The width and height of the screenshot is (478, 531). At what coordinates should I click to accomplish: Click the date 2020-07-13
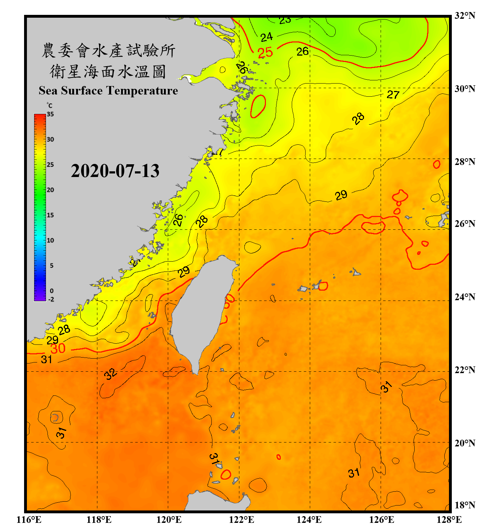coord(115,171)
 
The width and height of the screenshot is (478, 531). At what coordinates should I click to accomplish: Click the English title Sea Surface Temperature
coord(108,91)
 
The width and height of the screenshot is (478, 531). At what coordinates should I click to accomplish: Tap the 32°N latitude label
coord(465,16)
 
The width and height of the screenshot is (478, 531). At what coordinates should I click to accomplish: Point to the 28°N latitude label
coord(465,162)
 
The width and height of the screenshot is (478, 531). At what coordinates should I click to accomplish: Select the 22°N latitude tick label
coord(465,370)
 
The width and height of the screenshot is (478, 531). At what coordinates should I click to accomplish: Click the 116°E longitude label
coord(29,520)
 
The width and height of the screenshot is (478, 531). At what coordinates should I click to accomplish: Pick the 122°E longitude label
coord(241,520)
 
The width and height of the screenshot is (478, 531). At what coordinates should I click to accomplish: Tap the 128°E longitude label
coord(449,520)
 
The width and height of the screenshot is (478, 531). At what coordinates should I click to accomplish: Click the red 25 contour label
coord(265,53)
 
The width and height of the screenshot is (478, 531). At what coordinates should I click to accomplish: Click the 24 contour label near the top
coord(267,37)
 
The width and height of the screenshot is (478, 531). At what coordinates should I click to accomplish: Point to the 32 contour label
coord(110,373)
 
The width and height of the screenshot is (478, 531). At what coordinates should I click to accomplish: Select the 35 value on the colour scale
coord(50,114)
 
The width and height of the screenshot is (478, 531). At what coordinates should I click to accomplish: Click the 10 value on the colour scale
coord(50,240)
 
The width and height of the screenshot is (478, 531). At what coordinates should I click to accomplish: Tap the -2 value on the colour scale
coord(51,299)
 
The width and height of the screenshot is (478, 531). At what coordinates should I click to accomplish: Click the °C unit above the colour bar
coord(50,105)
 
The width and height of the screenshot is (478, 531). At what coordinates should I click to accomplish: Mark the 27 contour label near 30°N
coord(393,95)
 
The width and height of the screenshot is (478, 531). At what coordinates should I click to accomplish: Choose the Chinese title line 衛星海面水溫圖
coord(108,72)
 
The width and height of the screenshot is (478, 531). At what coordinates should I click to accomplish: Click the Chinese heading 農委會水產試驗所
coord(108,51)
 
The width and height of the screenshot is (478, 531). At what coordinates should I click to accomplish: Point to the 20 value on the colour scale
coord(50,190)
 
